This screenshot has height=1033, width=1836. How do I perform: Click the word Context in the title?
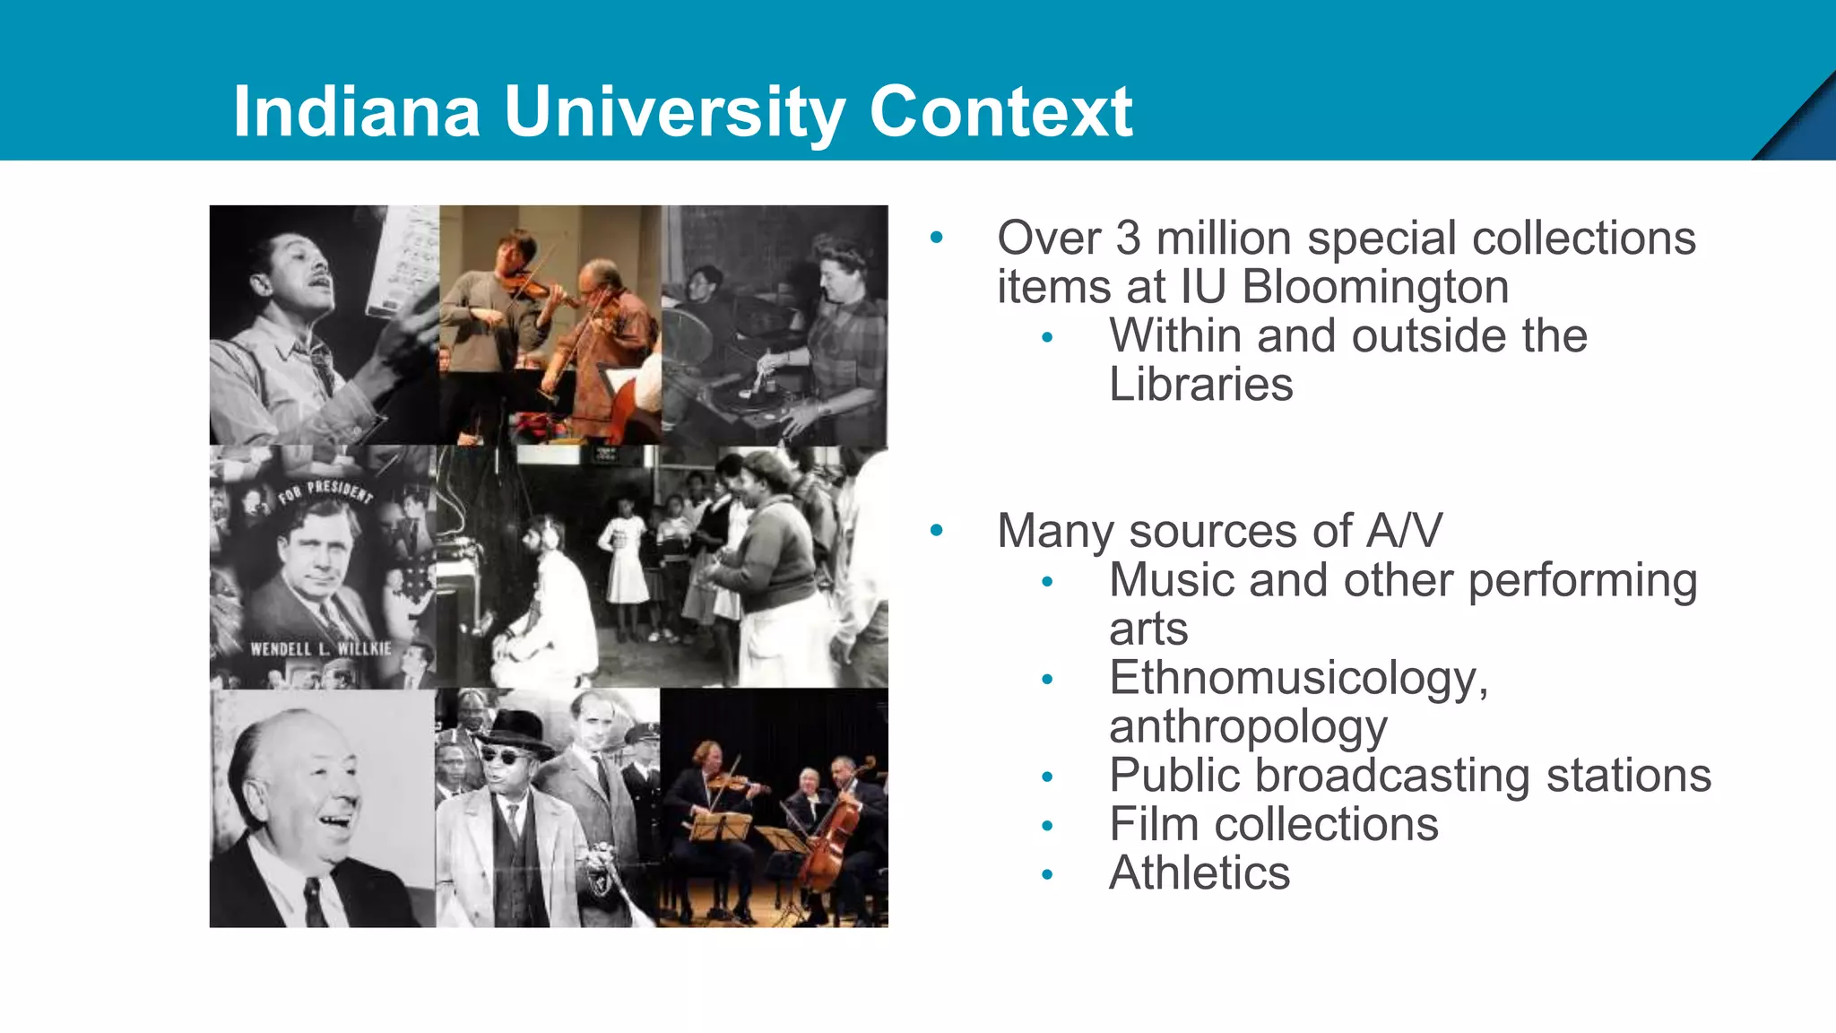tap(1000, 112)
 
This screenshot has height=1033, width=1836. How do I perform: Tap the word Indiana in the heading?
tap(356, 112)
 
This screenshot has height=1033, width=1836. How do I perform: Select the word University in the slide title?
tap(674, 114)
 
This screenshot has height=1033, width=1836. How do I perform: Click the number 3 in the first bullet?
tap(1128, 239)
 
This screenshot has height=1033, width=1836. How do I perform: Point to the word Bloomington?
tap(1375, 287)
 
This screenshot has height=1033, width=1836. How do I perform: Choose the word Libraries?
tap(1200, 385)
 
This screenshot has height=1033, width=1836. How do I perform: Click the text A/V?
tap(1404, 531)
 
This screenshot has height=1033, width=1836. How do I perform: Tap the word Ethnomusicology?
tap(1298, 678)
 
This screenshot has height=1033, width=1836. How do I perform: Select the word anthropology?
tap(1248, 727)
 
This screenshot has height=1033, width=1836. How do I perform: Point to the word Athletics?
tap(1199, 873)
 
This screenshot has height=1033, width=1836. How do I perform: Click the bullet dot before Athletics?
tap(1047, 874)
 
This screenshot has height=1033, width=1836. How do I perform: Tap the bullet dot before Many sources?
tap(937, 531)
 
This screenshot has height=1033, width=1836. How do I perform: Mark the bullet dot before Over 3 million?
tap(937, 239)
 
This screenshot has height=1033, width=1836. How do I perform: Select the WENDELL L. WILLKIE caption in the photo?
tap(320, 647)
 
